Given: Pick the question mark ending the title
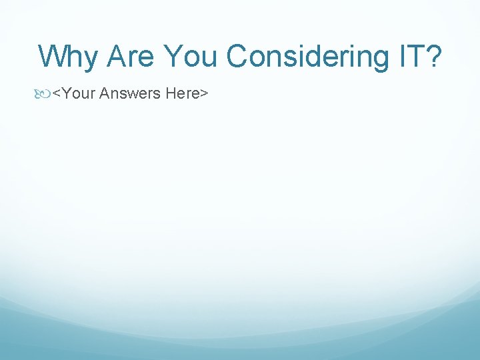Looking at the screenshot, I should coord(434,57).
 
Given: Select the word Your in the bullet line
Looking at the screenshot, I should coord(77,94).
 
